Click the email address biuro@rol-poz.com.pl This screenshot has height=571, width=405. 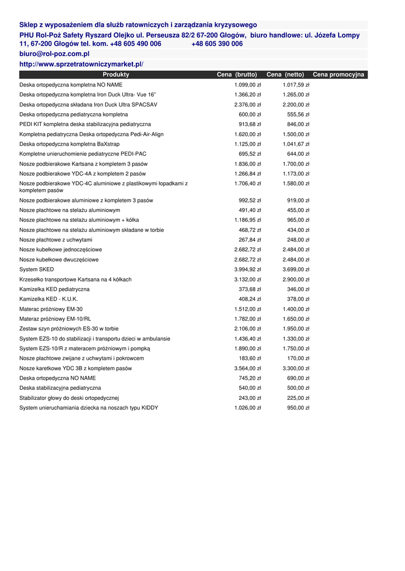tap(55, 54)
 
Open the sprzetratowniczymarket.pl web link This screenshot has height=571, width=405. tap(82, 65)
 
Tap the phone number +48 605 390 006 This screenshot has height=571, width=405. tap(217, 43)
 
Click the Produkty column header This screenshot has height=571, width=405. tap(116, 75)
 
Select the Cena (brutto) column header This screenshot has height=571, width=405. tap(237, 75)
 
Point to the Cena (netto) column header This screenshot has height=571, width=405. tap(285, 75)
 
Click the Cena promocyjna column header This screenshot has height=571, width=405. tap(339, 75)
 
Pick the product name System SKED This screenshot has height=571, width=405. tap(37, 269)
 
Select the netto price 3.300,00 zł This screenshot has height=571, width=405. tap(296, 369)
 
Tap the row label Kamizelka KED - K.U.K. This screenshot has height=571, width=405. tap(49, 299)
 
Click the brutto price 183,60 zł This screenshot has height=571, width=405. tap(250, 359)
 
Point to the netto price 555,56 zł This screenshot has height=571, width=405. tap(298, 114)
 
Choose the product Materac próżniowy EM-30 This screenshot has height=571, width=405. tap(51, 309)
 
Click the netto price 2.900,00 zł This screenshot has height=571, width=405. tap(296, 279)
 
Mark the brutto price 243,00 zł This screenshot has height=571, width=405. tap(250, 398)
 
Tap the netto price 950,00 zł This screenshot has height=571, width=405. tap(298, 408)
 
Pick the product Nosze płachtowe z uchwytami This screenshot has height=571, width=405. tap(56, 240)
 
